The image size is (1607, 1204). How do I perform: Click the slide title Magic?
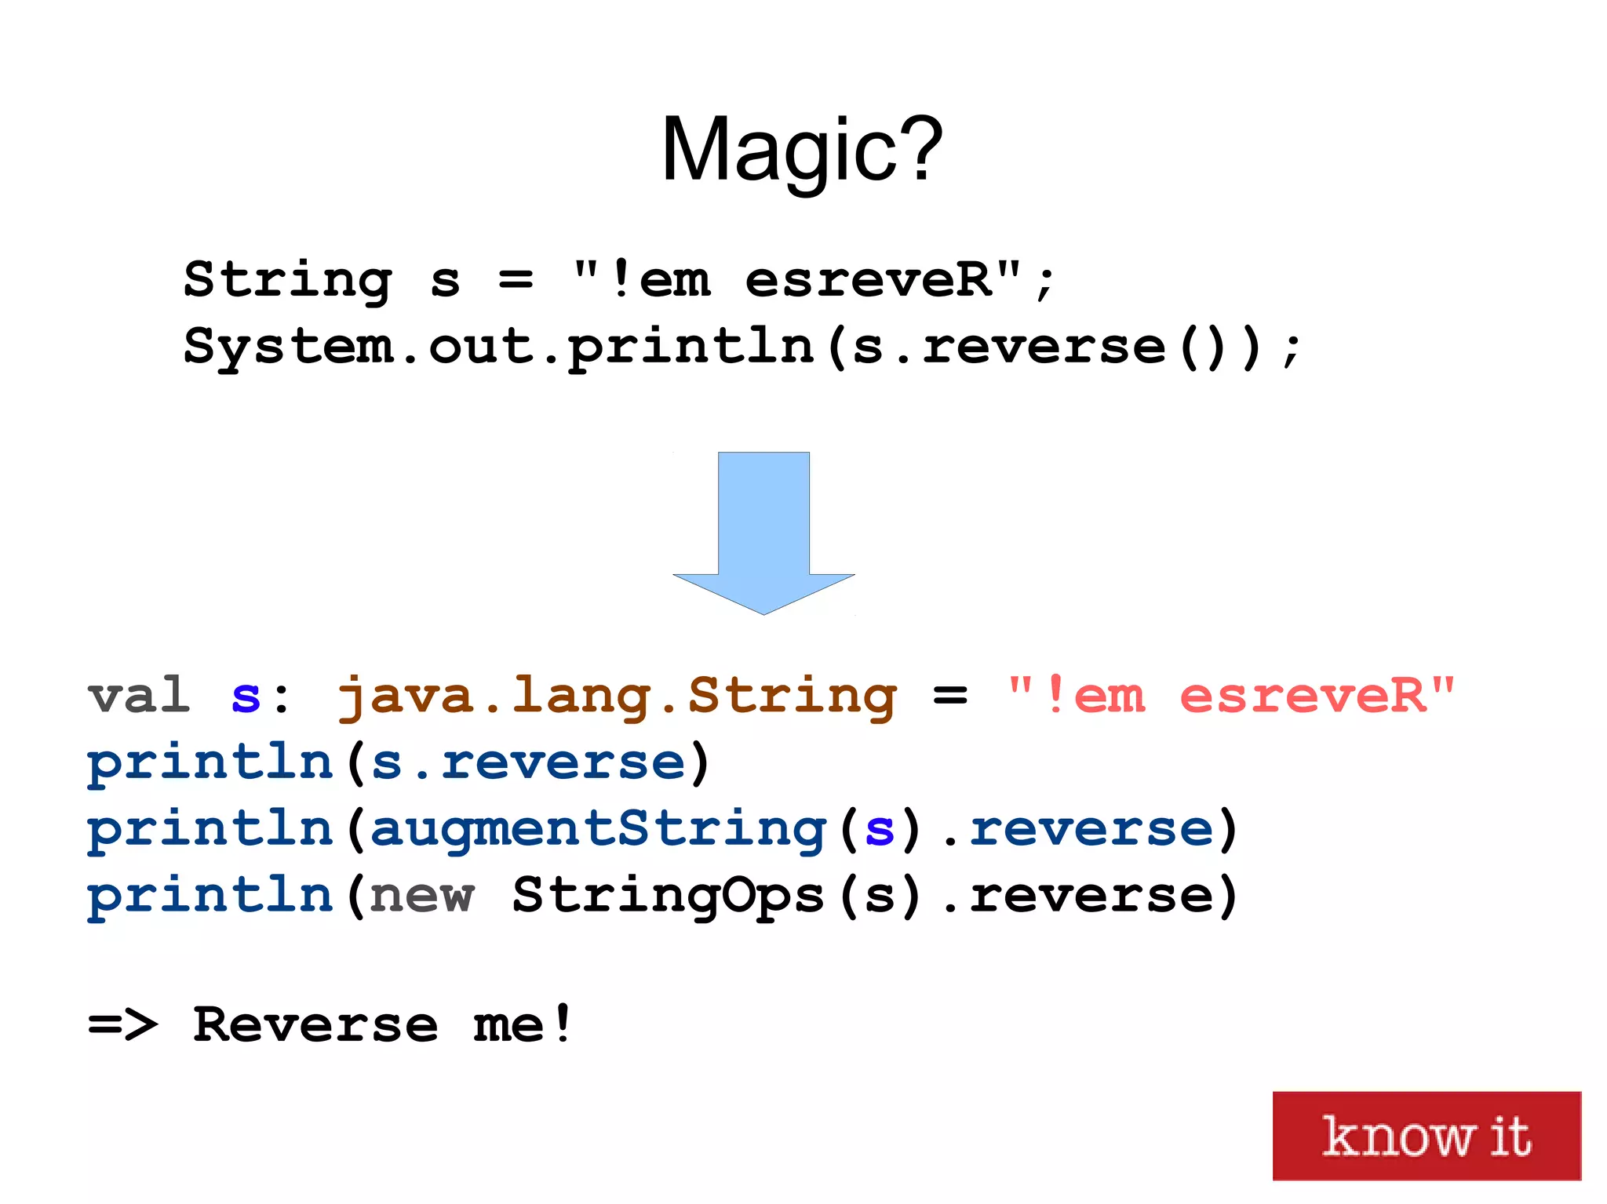coord(802,149)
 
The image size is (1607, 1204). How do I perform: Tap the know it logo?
coord(1426,1135)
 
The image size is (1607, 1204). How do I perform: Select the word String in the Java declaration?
coord(287,280)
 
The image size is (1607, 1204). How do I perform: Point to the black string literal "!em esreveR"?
coord(797,280)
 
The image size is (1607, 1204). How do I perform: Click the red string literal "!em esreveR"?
coord(1231,695)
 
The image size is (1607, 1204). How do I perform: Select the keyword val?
coord(139,695)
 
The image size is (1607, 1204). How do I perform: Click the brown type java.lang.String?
coord(617,697)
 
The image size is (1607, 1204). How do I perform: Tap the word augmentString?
coord(598,830)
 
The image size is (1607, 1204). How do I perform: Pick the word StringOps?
coord(668,896)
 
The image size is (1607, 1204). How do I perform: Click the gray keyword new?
coord(421,896)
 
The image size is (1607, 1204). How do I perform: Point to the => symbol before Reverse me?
coord(123,1025)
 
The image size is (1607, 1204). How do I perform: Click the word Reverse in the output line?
coord(315,1025)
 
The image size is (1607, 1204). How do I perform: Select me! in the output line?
coord(523,1025)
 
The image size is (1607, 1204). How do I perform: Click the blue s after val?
coord(246,697)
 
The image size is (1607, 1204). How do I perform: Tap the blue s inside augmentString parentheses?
coord(880,830)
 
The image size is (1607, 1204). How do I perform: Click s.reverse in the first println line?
coord(528,762)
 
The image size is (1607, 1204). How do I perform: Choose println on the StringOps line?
coord(210,896)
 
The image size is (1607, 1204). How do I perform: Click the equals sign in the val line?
coord(950,695)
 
